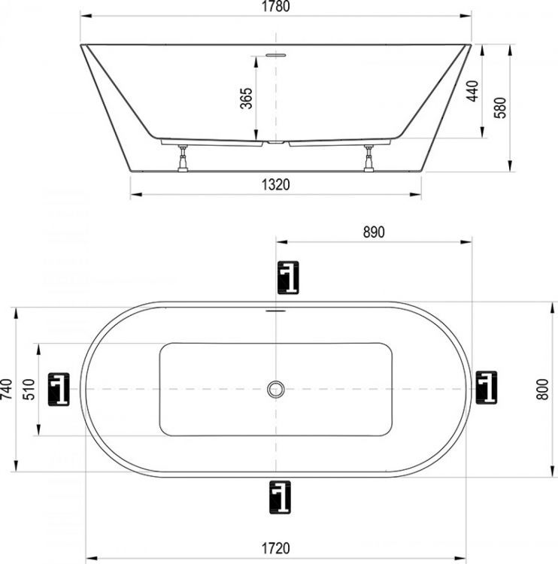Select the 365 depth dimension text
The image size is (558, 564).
(x=246, y=99)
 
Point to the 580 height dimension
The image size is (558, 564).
(x=499, y=110)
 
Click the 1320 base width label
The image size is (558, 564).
(x=277, y=185)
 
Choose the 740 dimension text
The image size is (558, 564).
(x=8, y=390)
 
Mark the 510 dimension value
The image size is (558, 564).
(x=29, y=390)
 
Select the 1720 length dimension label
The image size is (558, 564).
(x=275, y=548)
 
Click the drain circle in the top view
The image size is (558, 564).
(x=276, y=389)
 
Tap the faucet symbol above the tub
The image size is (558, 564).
(x=287, y=277)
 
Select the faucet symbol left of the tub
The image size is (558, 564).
(x=59, y=389)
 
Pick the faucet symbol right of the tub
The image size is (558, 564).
(x=487, y=389)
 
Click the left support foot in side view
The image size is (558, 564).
(x=182, y=158)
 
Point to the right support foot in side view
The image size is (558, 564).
(x=369, y=158)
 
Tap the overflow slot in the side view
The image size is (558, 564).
(x=275, y=54)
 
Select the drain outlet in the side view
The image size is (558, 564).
(x=276, y=142)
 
